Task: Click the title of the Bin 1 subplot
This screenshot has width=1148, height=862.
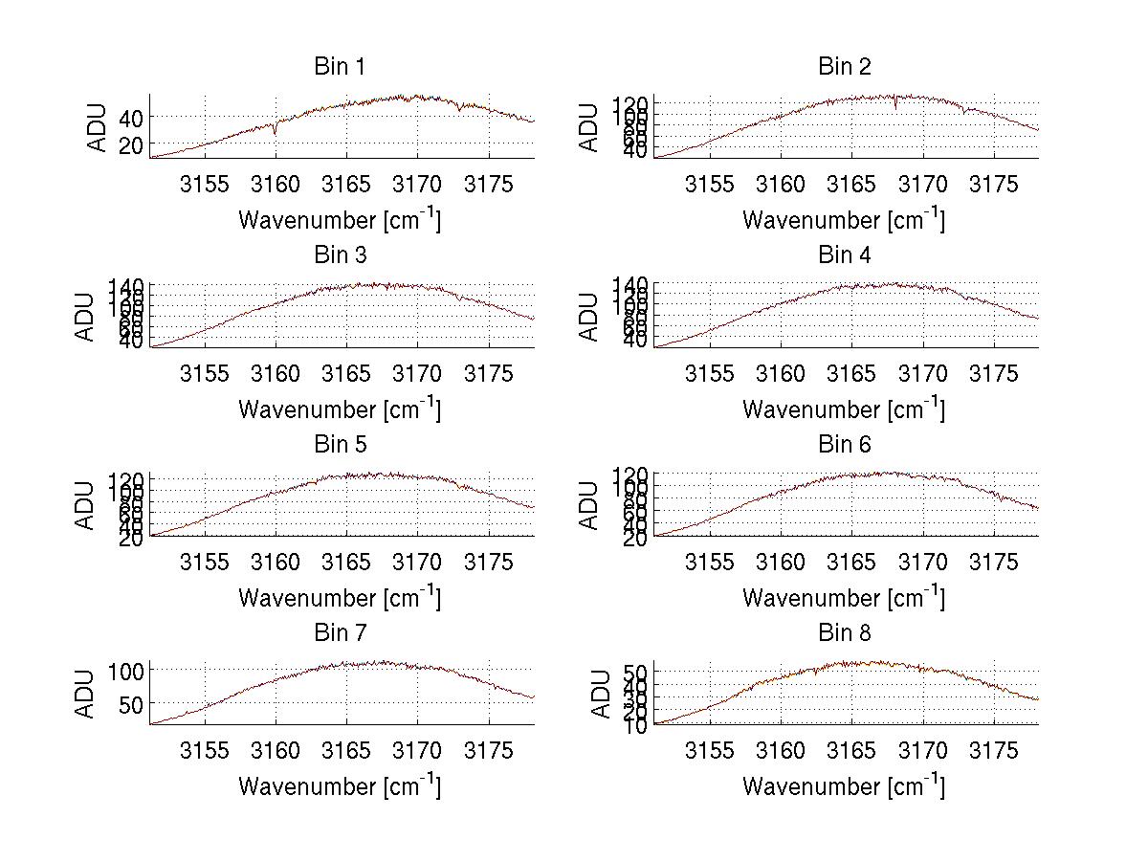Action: pos(340,67)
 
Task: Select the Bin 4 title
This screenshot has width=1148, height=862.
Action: pos(844,255)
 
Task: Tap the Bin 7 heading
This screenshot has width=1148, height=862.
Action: pos(340,633)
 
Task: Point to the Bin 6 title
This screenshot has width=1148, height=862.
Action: pos(844,445)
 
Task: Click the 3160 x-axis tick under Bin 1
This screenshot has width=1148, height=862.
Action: pos(276,185)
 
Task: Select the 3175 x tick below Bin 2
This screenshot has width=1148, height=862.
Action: pos(994,185)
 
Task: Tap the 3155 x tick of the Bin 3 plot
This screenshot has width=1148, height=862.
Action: pos(205,373)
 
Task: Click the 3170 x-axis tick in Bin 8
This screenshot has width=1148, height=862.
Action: pos(922,751)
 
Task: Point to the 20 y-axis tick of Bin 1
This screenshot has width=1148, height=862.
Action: pos(129,144)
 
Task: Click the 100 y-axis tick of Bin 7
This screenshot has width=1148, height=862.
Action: pos(124,671)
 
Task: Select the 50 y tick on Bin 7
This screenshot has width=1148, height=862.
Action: pos(129,703)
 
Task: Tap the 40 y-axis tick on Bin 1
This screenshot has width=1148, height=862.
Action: pos(129,117)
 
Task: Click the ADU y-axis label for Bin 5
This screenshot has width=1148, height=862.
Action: pos(86,504)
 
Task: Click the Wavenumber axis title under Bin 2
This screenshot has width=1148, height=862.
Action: pos(844,219)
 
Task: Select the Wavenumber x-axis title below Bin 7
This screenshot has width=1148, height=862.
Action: pos(340,785)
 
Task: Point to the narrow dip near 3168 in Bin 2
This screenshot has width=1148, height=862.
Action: pos(895,106)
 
